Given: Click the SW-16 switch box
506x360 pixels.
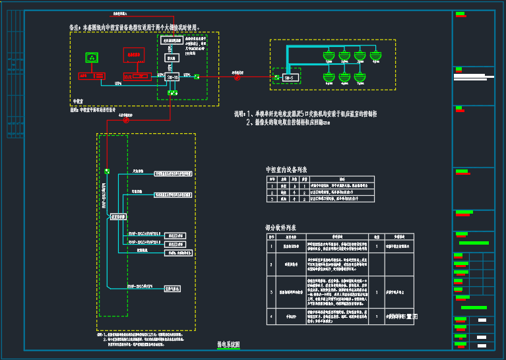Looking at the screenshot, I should (x=172, y=77).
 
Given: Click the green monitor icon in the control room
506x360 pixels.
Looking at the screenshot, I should (x=92, y=58).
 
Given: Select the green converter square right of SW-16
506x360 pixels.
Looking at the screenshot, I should (x=196, y=77).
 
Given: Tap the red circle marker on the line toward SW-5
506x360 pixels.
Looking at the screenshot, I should (x=237, y=77).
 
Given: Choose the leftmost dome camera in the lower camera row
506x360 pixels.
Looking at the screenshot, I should (x=327, y=76).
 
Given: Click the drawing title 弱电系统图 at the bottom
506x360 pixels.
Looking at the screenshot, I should (x=229, y=345).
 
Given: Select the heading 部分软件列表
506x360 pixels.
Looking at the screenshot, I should (x=281, y=227).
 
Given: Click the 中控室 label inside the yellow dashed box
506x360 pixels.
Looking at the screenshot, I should (x=77, y=102).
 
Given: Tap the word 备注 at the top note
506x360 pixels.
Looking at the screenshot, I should (x=75, y=28).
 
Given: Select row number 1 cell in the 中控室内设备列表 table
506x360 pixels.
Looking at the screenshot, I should (x=270, y=186).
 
